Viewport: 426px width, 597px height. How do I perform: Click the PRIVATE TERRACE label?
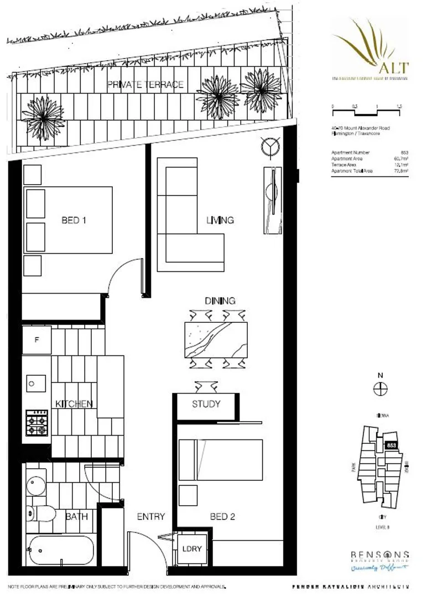point(146,85)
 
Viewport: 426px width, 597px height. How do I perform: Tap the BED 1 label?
point(74,220)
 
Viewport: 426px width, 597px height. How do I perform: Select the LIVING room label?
point(220,220)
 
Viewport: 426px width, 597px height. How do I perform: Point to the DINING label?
point(220,301)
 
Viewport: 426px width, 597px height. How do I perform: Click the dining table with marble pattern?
point(216,339)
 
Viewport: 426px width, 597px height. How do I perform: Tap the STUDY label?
point(206,404)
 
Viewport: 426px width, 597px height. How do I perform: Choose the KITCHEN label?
point(73,404)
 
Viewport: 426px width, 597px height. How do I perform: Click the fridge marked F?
point(37,340)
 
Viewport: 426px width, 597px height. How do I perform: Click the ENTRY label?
point(150,516)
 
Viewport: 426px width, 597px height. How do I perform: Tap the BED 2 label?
point(223,516)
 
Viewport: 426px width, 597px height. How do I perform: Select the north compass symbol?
point(380,389)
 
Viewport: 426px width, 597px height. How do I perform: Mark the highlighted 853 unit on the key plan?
point(391,444)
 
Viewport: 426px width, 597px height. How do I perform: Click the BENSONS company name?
point(380,554)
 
